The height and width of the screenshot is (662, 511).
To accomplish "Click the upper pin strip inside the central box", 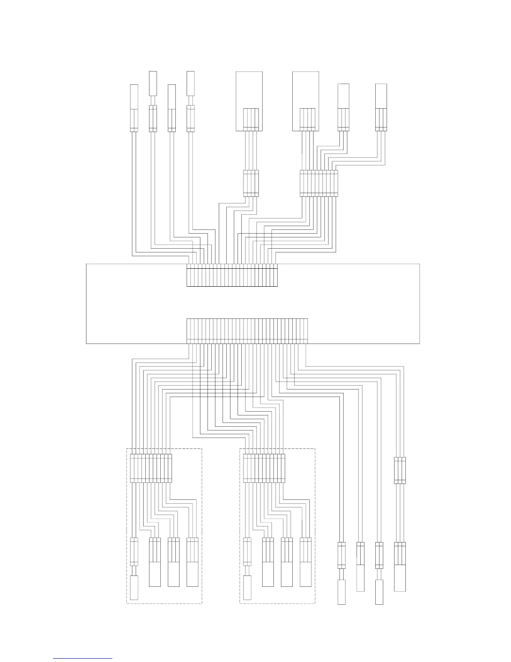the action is click(232, 275).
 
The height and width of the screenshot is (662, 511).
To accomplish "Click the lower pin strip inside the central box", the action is click(247, 331).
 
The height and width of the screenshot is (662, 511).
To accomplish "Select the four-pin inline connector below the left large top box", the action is click(251, 183).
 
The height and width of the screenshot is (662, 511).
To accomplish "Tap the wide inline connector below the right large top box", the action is click(318, 183).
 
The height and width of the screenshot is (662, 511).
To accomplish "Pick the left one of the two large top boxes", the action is click(249, 101).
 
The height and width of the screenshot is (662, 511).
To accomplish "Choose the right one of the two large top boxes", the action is click(306, 101).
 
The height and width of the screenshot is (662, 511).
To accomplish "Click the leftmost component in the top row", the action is click(134, 108).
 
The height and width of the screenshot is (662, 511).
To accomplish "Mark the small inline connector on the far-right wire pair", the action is click(400, 470).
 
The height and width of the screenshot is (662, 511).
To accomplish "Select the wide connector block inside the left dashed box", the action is click(151, 468).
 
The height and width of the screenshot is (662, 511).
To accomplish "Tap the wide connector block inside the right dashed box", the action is click(264, 468).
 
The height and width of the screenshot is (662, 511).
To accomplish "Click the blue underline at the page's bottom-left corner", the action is click(83, 658).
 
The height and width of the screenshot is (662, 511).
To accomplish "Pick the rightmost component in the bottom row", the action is click(400, 566).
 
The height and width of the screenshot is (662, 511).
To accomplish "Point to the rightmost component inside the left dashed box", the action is click(192, 562).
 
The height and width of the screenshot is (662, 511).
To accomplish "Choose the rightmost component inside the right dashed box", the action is click(306, 562).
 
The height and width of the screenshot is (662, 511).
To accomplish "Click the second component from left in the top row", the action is click(153, 102).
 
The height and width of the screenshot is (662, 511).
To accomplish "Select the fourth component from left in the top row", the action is click(190, 102).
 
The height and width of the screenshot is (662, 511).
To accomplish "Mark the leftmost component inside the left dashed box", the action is click(134, 568).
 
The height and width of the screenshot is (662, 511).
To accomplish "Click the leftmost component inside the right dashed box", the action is click(247, 568).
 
